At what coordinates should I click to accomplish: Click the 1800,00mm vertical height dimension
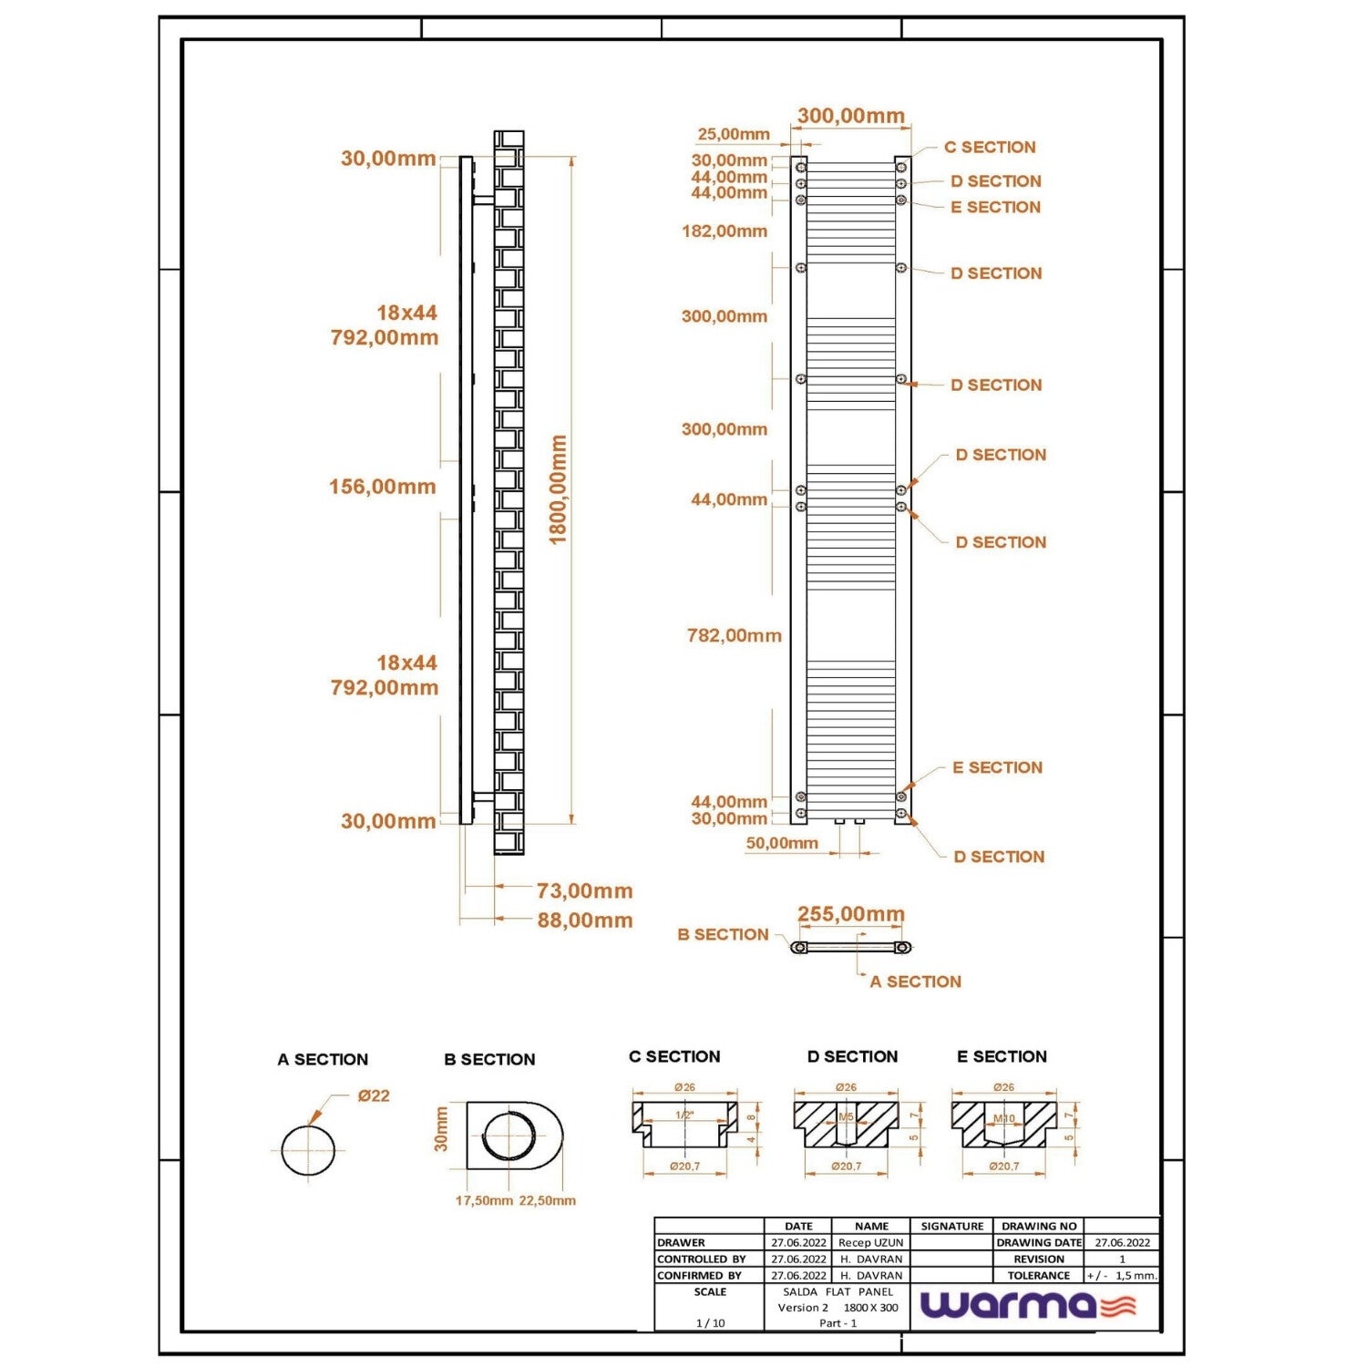558,489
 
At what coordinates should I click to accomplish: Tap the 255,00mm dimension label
850,914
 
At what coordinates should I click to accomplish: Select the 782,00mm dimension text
734,636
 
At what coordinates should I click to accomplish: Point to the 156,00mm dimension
382,487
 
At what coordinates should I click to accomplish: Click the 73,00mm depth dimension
584,890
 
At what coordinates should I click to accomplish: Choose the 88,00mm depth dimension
584,920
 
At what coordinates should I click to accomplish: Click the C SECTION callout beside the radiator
989,148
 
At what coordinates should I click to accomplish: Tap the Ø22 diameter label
374,1095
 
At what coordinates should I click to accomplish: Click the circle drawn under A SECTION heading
308,1150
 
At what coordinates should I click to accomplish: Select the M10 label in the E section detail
1003,1118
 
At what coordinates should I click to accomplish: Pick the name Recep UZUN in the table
870,1242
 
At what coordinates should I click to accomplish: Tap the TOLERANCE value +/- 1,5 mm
1121,1276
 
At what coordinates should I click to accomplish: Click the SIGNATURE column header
951,1227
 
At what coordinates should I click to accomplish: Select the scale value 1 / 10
710,1323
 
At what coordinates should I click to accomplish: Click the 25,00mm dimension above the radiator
734,135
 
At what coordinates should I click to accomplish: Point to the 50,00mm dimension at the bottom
782,843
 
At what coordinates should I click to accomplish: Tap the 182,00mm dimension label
725,231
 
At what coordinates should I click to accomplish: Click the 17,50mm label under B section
484,1201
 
